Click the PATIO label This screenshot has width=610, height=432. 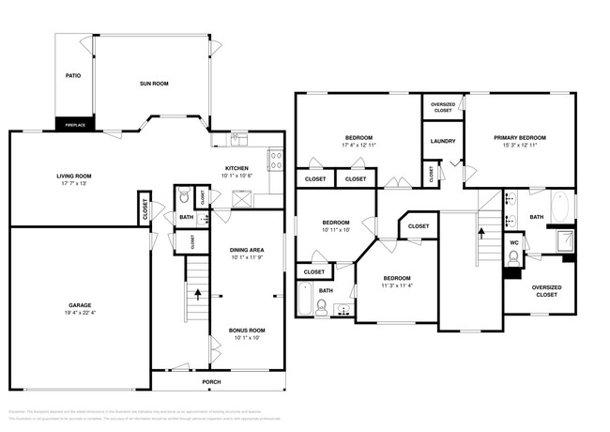(x=72, y=76)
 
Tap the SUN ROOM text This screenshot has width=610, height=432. (x=154, y=85)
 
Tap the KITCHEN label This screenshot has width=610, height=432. (x=236, y=168)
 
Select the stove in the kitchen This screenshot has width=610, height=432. (x=274, y=160)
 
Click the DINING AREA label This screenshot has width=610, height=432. (x=247, y=250)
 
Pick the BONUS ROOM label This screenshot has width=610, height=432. (x=247, y=331)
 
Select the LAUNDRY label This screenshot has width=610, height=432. (x=442, y=142)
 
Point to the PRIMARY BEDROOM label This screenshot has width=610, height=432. (x=520, y=138)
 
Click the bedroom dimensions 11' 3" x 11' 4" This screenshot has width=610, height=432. (x=397, y=285)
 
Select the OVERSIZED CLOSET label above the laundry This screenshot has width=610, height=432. (x=443, y=106)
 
